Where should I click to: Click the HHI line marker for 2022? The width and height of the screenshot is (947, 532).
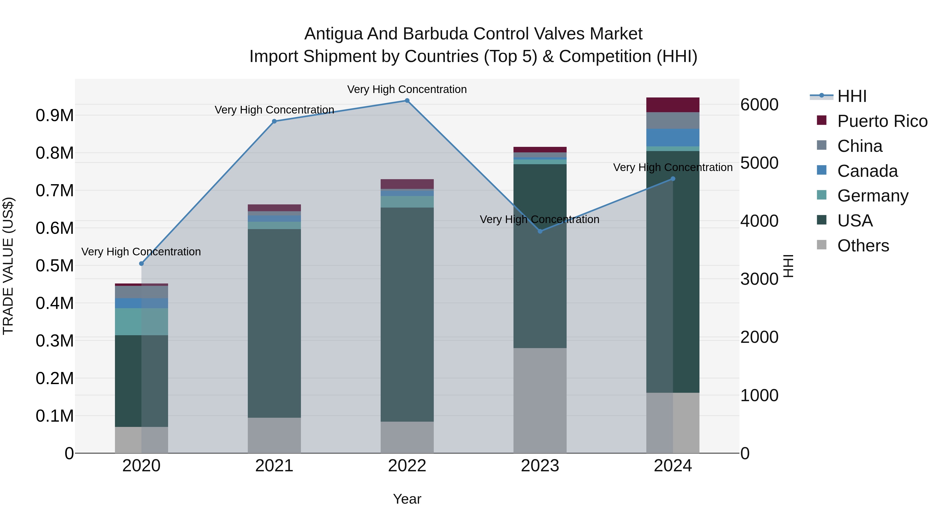[407, 101]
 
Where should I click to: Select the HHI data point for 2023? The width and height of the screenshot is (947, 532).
[540, 231]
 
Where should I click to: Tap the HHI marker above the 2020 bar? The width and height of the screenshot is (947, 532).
[142, 264]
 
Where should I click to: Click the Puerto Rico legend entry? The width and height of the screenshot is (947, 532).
[882, 121]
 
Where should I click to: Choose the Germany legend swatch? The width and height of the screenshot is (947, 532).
[822, 195]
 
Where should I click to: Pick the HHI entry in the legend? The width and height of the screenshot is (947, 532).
[852, 96]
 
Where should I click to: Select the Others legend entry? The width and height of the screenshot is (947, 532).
[863, 246]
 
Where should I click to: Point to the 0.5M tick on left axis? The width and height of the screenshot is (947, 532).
[54, 265]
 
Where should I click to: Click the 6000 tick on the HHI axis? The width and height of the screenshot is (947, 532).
[759, 105]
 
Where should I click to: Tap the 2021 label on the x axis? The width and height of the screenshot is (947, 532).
[274, 466]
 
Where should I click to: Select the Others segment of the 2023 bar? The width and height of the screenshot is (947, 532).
[540, 400]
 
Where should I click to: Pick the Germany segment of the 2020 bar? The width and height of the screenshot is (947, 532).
[142, 322]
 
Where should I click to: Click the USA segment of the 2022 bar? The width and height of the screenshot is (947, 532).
[407, 314]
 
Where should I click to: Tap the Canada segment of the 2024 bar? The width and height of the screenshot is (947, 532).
[673, 138]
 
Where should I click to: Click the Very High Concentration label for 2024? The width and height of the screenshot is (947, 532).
[673, 167]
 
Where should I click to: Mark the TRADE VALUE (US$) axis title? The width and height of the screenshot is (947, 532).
[8, 266]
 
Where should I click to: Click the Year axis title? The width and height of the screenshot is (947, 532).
[407, 499]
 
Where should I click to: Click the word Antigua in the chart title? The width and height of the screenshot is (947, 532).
[333, 34]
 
